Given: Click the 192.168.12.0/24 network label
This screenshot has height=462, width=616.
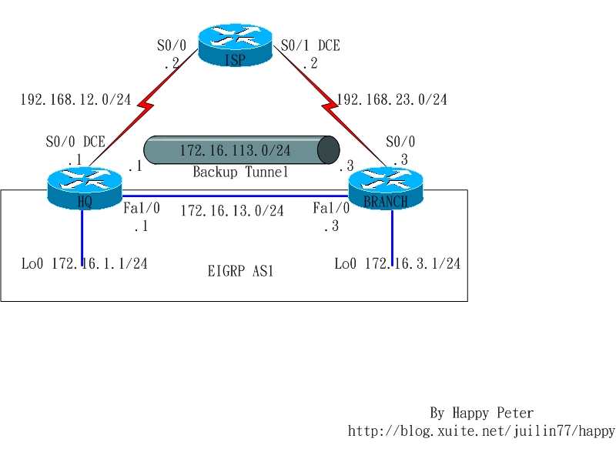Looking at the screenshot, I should (75, 99).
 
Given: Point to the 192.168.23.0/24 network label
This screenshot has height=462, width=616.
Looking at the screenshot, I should (392, 99).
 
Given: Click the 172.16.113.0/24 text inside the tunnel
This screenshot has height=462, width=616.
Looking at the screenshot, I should (235, 150).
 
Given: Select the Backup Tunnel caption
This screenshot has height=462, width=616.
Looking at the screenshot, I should (240, 172).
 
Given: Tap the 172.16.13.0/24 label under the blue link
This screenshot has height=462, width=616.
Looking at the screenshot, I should (232, 210).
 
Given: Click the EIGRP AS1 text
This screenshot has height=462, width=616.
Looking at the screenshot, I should (241, 271).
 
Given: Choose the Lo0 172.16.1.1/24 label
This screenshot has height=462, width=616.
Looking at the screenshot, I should (84, 264).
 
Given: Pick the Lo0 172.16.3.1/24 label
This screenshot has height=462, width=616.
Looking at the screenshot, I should (397, 264).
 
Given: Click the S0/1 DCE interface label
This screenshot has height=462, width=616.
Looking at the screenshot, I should (310, 46).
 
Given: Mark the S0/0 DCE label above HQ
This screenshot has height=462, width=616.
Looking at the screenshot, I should (75, 142).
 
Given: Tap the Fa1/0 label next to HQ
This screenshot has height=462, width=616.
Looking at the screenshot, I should (141, 208).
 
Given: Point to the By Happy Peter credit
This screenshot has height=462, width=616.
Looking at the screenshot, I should (481, 413).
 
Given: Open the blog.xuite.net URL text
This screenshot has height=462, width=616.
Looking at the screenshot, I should (481, 431).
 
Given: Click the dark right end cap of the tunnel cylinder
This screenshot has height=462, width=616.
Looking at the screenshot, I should (329, 150).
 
